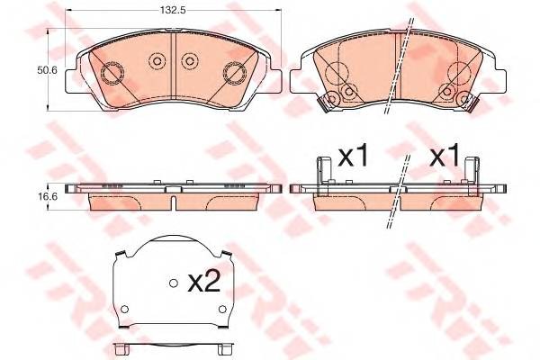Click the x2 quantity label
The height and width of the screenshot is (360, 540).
point(204,283)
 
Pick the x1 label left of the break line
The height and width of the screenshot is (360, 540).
point(353,157)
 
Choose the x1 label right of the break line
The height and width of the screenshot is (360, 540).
point(444,157)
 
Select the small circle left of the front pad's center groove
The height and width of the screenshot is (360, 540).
point(156,61)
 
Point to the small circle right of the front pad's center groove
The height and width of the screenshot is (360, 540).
point(189,61)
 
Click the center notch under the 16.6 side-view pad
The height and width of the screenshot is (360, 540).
point(173,208)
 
